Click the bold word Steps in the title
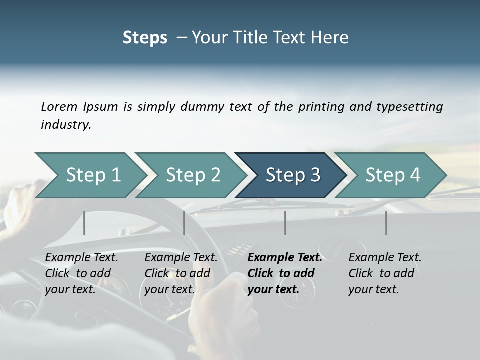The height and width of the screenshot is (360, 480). (145, 37)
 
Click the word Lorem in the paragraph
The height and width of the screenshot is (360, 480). (59, 106)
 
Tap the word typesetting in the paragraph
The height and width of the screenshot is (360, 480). (409, 106)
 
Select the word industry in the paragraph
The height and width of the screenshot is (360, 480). (65, 124)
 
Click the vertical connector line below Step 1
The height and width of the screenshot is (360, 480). (84, 223)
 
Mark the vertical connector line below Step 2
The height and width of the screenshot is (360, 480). (184, 223)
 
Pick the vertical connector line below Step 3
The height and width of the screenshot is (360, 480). (285, 223)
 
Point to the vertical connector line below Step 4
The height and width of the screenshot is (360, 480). (386, 223)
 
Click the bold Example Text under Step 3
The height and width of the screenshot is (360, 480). (285, 257)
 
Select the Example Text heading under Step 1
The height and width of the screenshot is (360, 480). (81, 257)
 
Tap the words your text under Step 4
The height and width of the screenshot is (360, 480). (373, 289)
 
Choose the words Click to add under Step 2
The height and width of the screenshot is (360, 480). (177, 273)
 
